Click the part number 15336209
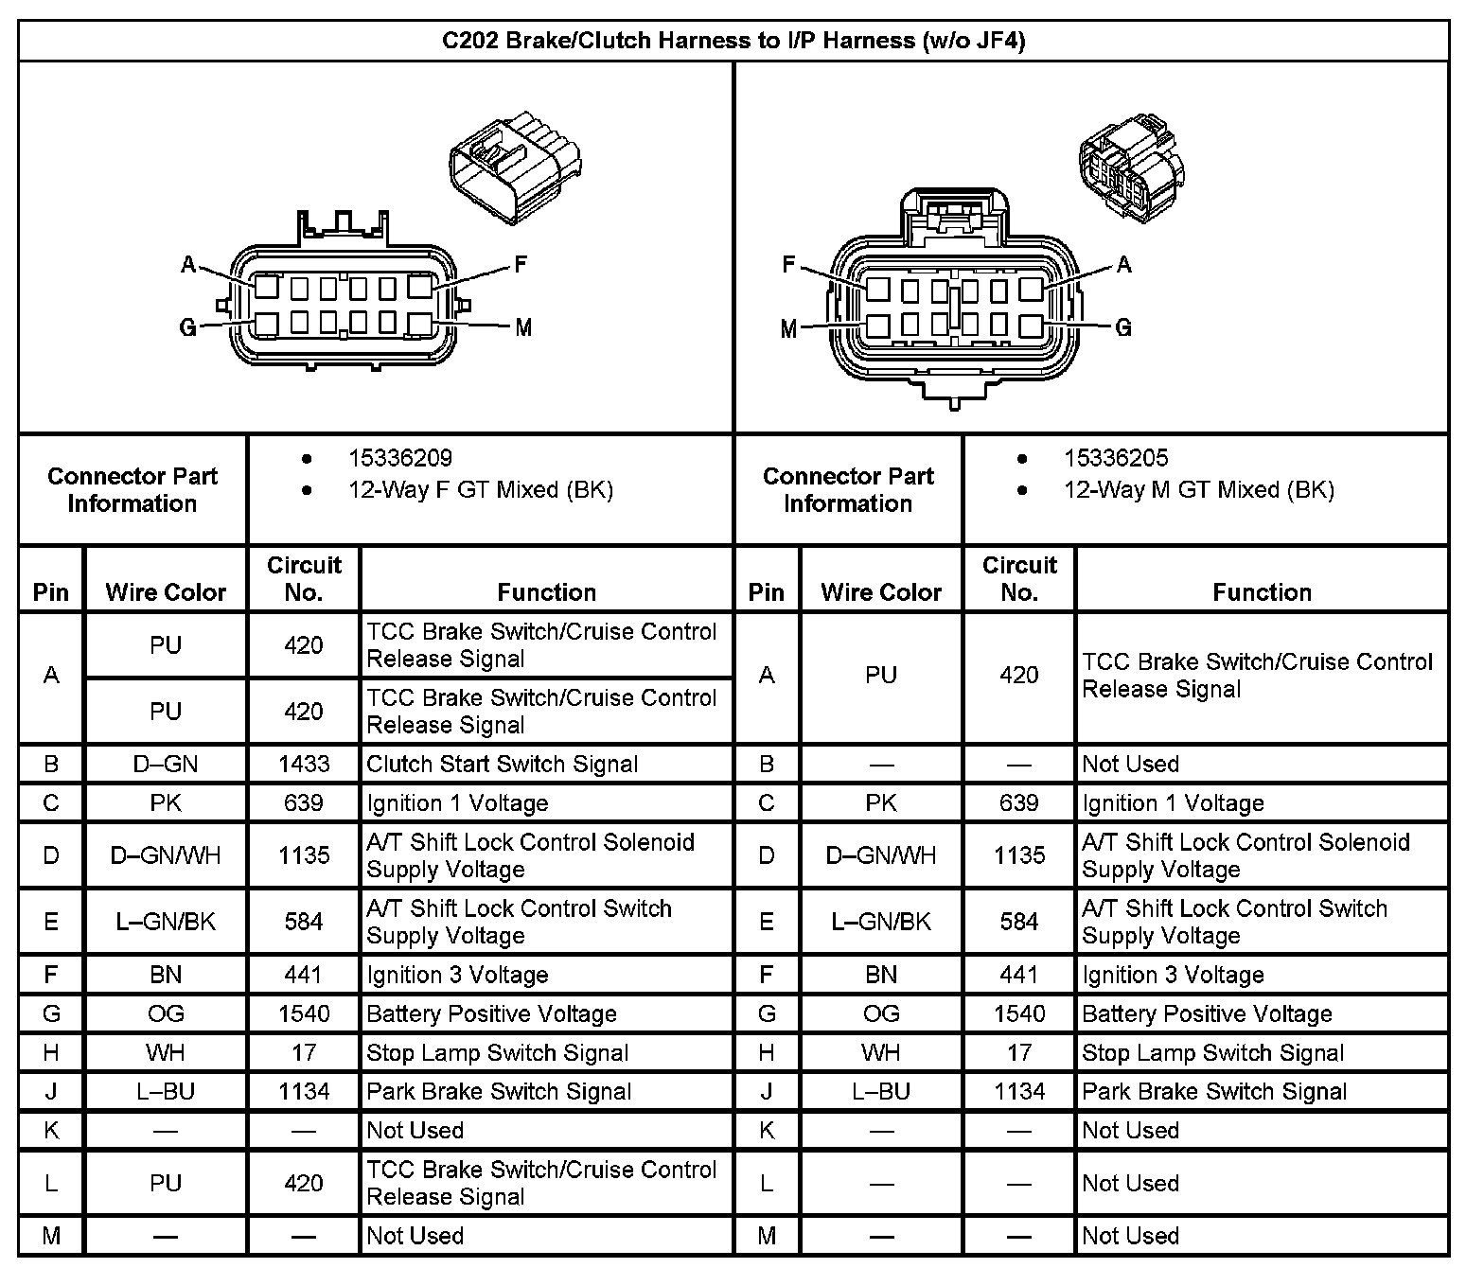click(x=399, y=459)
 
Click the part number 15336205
click(x=1115, y=459)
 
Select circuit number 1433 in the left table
click(x=304, y=765)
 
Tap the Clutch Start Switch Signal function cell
click(x=502, y=765)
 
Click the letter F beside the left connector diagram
click(x=520, y=265)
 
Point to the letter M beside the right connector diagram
click(x=788, y=329)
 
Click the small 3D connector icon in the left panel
click(x=515, y=170)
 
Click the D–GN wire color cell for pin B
click(x=166, y=765)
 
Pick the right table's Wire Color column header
click(x=881, y=593)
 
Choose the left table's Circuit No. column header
click(x=304, y=579)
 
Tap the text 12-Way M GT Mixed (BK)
click(x=1198, y=490)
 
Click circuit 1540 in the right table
click(x=1019, y=1014)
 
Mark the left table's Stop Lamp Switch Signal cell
click(x=497, y=1053)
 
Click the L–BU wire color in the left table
click(x=166, y=1092)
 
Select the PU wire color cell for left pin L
click(x=166, y=1183)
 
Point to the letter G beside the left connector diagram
click(x=187, y=328)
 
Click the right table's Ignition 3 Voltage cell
click(x=1173, y=976)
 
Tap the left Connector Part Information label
click(x=132, y=490)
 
